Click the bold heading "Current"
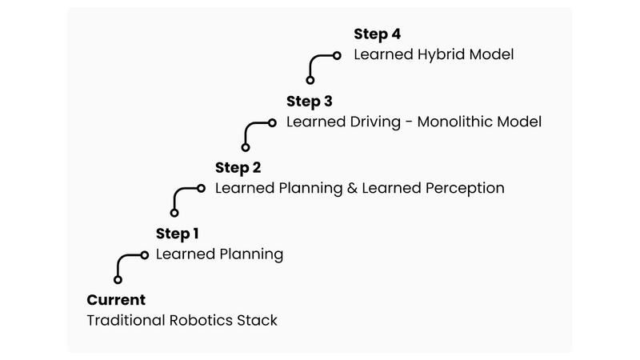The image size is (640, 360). pyautogui.click(x=116, y=300)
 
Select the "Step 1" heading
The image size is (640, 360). pyautogui.click(x=177, y=234)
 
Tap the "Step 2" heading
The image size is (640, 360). pyautogui.click(x=238, y=167)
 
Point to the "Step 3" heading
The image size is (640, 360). pyautogui.click(x=309, y=101)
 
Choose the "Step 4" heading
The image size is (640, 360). pyautogui.click(x=377, y=34)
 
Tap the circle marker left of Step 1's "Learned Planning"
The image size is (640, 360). pyautogui.click(x=145, y=254)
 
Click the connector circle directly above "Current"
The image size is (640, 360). pyautogui.click(x=118, y=280)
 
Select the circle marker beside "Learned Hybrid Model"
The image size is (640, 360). pyautogui.click(x=337, y=55)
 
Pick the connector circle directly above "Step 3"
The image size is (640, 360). pyautogui.click(x=310, y=80)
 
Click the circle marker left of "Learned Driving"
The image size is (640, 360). pyautogui.click(x=272, y=122)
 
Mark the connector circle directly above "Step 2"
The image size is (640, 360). pyautogui.click(x=246, y=146)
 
